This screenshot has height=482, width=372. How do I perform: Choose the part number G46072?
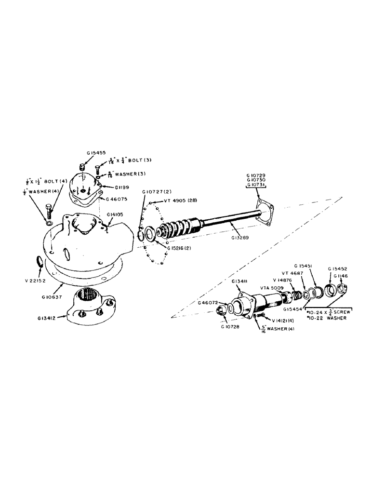point(209,303)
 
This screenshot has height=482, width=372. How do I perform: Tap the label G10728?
point(231,326)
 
